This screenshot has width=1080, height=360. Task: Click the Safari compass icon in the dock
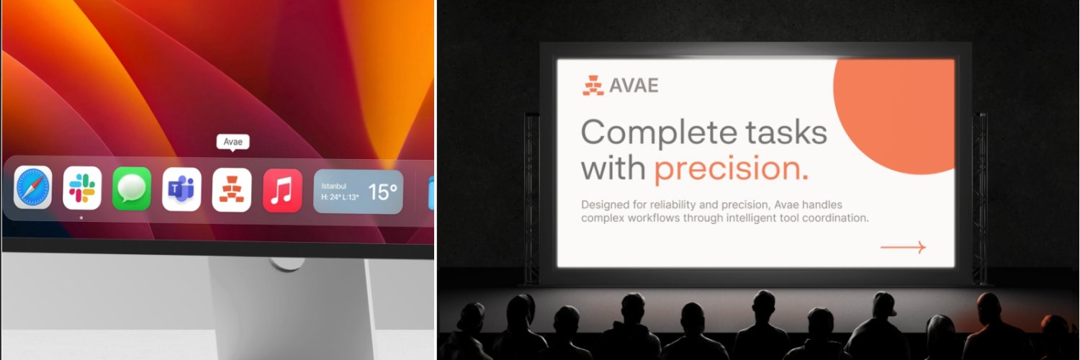click(x=32, y=188)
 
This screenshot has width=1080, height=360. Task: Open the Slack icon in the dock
click(x=81, y=188)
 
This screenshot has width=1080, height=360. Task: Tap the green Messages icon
click(x=132, y=189)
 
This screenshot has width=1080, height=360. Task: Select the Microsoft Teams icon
click(x=181, y=189)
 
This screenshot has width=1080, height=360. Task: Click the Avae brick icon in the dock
click(x=232, y=189)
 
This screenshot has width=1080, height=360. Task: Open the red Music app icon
click(x=282, y=190)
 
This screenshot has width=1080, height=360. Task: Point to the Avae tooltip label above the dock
click(x=233, y=142)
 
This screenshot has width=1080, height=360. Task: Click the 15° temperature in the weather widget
click(x=382, y=192)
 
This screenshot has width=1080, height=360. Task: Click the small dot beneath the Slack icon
click(x=81, y=217)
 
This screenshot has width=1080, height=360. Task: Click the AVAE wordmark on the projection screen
click(x=634, y=86)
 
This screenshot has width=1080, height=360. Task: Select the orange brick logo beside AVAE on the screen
click(x=593, y=86)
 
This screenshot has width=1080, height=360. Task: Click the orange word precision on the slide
click(x=730, y=168)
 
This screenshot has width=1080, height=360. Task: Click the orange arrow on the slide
click(x=903, y=248)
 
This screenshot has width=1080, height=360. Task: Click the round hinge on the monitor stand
click(x=289, y=264)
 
